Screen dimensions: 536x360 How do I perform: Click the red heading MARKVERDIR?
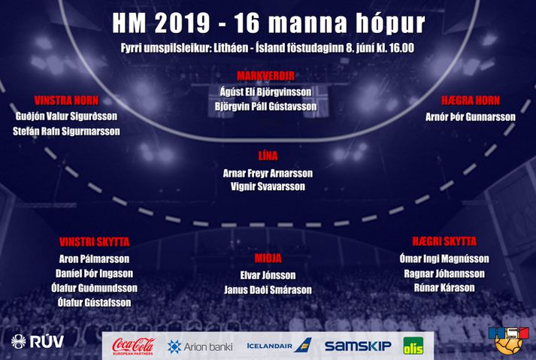pos(265,76)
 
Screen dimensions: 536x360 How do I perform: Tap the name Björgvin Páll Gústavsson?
pos(265,107)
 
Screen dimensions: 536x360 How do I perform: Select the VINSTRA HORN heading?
pos(66,101)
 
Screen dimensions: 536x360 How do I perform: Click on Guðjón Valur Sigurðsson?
pos(66,116)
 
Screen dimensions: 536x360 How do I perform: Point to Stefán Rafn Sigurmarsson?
pos(66,132)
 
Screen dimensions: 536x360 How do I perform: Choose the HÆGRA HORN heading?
pos(471,101)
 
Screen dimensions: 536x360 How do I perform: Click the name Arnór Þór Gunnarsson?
pos(471,117)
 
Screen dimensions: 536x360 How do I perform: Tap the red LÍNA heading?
pos(268,156)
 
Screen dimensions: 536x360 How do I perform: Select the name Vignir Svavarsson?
pos(268,186)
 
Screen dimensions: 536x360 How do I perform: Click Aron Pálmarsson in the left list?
pos(95,259)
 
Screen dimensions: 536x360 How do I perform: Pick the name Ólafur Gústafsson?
pos(95,303)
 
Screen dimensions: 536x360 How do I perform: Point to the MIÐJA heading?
pos(268,259)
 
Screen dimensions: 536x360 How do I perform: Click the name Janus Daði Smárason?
pos(268,290)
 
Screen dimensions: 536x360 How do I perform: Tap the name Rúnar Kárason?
pos(444,288)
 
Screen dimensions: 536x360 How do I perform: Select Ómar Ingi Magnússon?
pos(444,259)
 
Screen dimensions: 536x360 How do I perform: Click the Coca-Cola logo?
pos(134,346)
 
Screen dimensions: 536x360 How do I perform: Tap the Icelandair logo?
pos(280,346)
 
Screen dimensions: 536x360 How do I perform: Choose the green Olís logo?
pos(413,346)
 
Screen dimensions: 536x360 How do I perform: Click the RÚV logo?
pos(38,341)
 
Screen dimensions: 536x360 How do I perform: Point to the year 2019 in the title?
pos(182,23)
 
